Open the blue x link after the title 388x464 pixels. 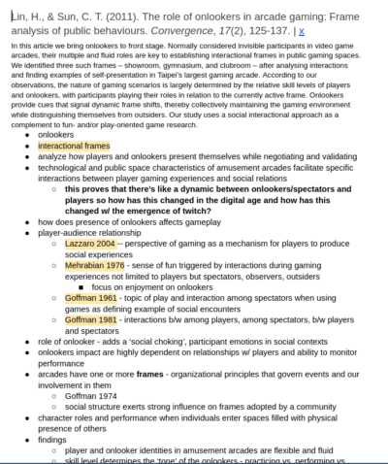pos(302,30)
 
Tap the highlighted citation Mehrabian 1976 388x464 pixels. pos(94,264)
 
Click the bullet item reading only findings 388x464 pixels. pos(53,438)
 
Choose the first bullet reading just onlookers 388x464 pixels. pos(55,134)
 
